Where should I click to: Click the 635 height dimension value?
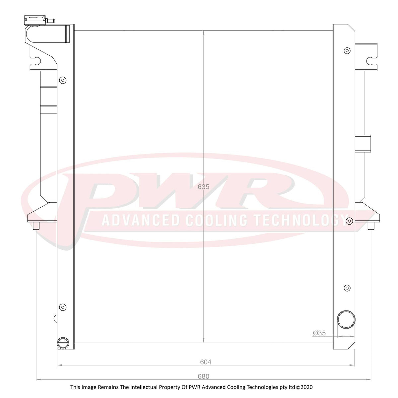(x=203, y=187)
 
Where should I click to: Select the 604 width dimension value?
(x=206, y=362)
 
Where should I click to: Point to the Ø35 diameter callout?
(x=319, y=333)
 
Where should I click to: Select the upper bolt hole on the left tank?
(x=62, y=80)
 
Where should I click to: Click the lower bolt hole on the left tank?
(x=62, y=307)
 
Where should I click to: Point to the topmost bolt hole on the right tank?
(x=347, y=50)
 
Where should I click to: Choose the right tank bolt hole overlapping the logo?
(x=349, y=221)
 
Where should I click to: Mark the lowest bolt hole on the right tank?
(x=347, y=288)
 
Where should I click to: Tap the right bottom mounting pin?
(x=371, y=226)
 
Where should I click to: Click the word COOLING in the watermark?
(x=216, y=221)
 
